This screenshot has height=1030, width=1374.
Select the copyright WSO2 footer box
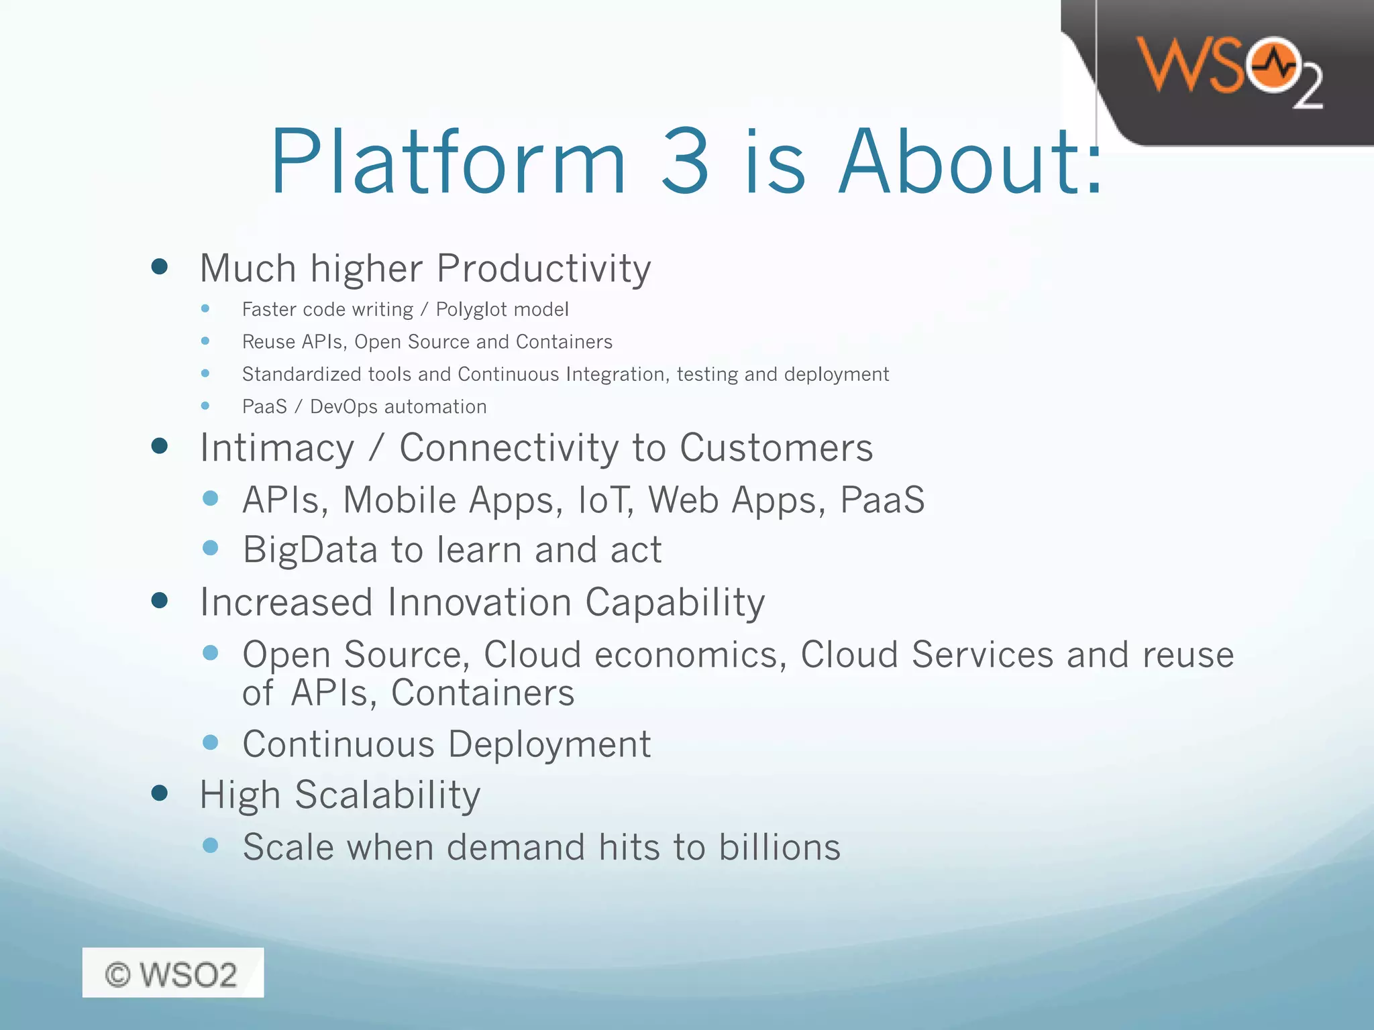[172, 972]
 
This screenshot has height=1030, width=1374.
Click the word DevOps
[343, 407]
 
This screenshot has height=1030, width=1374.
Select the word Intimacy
[277, 449]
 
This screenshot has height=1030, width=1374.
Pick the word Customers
[776, 447]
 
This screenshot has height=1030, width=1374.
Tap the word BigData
[311, 551]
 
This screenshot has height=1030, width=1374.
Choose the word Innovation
[480, 602]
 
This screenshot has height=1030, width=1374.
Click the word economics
[690, 654]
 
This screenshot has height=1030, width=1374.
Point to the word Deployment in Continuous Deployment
[549, 744]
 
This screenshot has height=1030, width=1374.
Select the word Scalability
[387, 795]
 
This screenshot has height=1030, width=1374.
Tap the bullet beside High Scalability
[160, 793]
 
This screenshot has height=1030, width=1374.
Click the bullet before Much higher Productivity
[160, 267]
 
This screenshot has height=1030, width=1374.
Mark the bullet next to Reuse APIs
[205, 341]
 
